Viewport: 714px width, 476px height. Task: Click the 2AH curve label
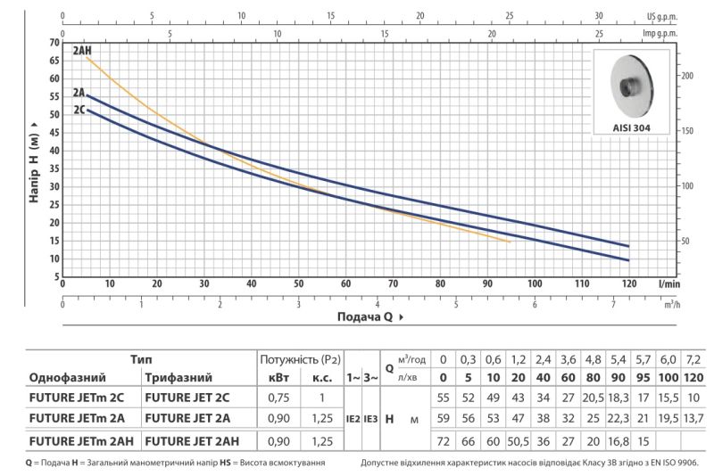click(x=82, y=51)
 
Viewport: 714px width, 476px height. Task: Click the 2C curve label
click(x=79, y=110)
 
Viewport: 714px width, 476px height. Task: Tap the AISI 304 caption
click(x=631, y=127)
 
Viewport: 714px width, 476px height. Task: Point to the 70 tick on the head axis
click(x=54, y=43)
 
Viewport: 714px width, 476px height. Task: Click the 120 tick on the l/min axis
click(x=629, y=283)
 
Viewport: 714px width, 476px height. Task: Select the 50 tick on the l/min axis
click(x=298, y=283)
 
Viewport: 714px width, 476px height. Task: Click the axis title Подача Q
click(x=365, y=316)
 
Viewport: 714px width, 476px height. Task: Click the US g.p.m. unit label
click(x=662, y=17)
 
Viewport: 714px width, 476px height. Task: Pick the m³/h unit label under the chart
click(x=672, y=304)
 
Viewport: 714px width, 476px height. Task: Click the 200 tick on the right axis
click(x=687, y=76)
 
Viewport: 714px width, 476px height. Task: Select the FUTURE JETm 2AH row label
click(x=81, y=441)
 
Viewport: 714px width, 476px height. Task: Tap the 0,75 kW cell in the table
click(x=278, y=398)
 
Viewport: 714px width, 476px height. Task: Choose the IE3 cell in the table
click(x=370, y=419)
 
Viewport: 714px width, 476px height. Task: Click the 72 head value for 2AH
click(x=443, y=441)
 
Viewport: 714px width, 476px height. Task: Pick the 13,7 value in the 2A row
click(x=693, y=418)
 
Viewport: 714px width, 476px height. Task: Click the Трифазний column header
click(x=178, y=378)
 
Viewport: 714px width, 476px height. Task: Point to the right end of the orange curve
click(x=510, y=242)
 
